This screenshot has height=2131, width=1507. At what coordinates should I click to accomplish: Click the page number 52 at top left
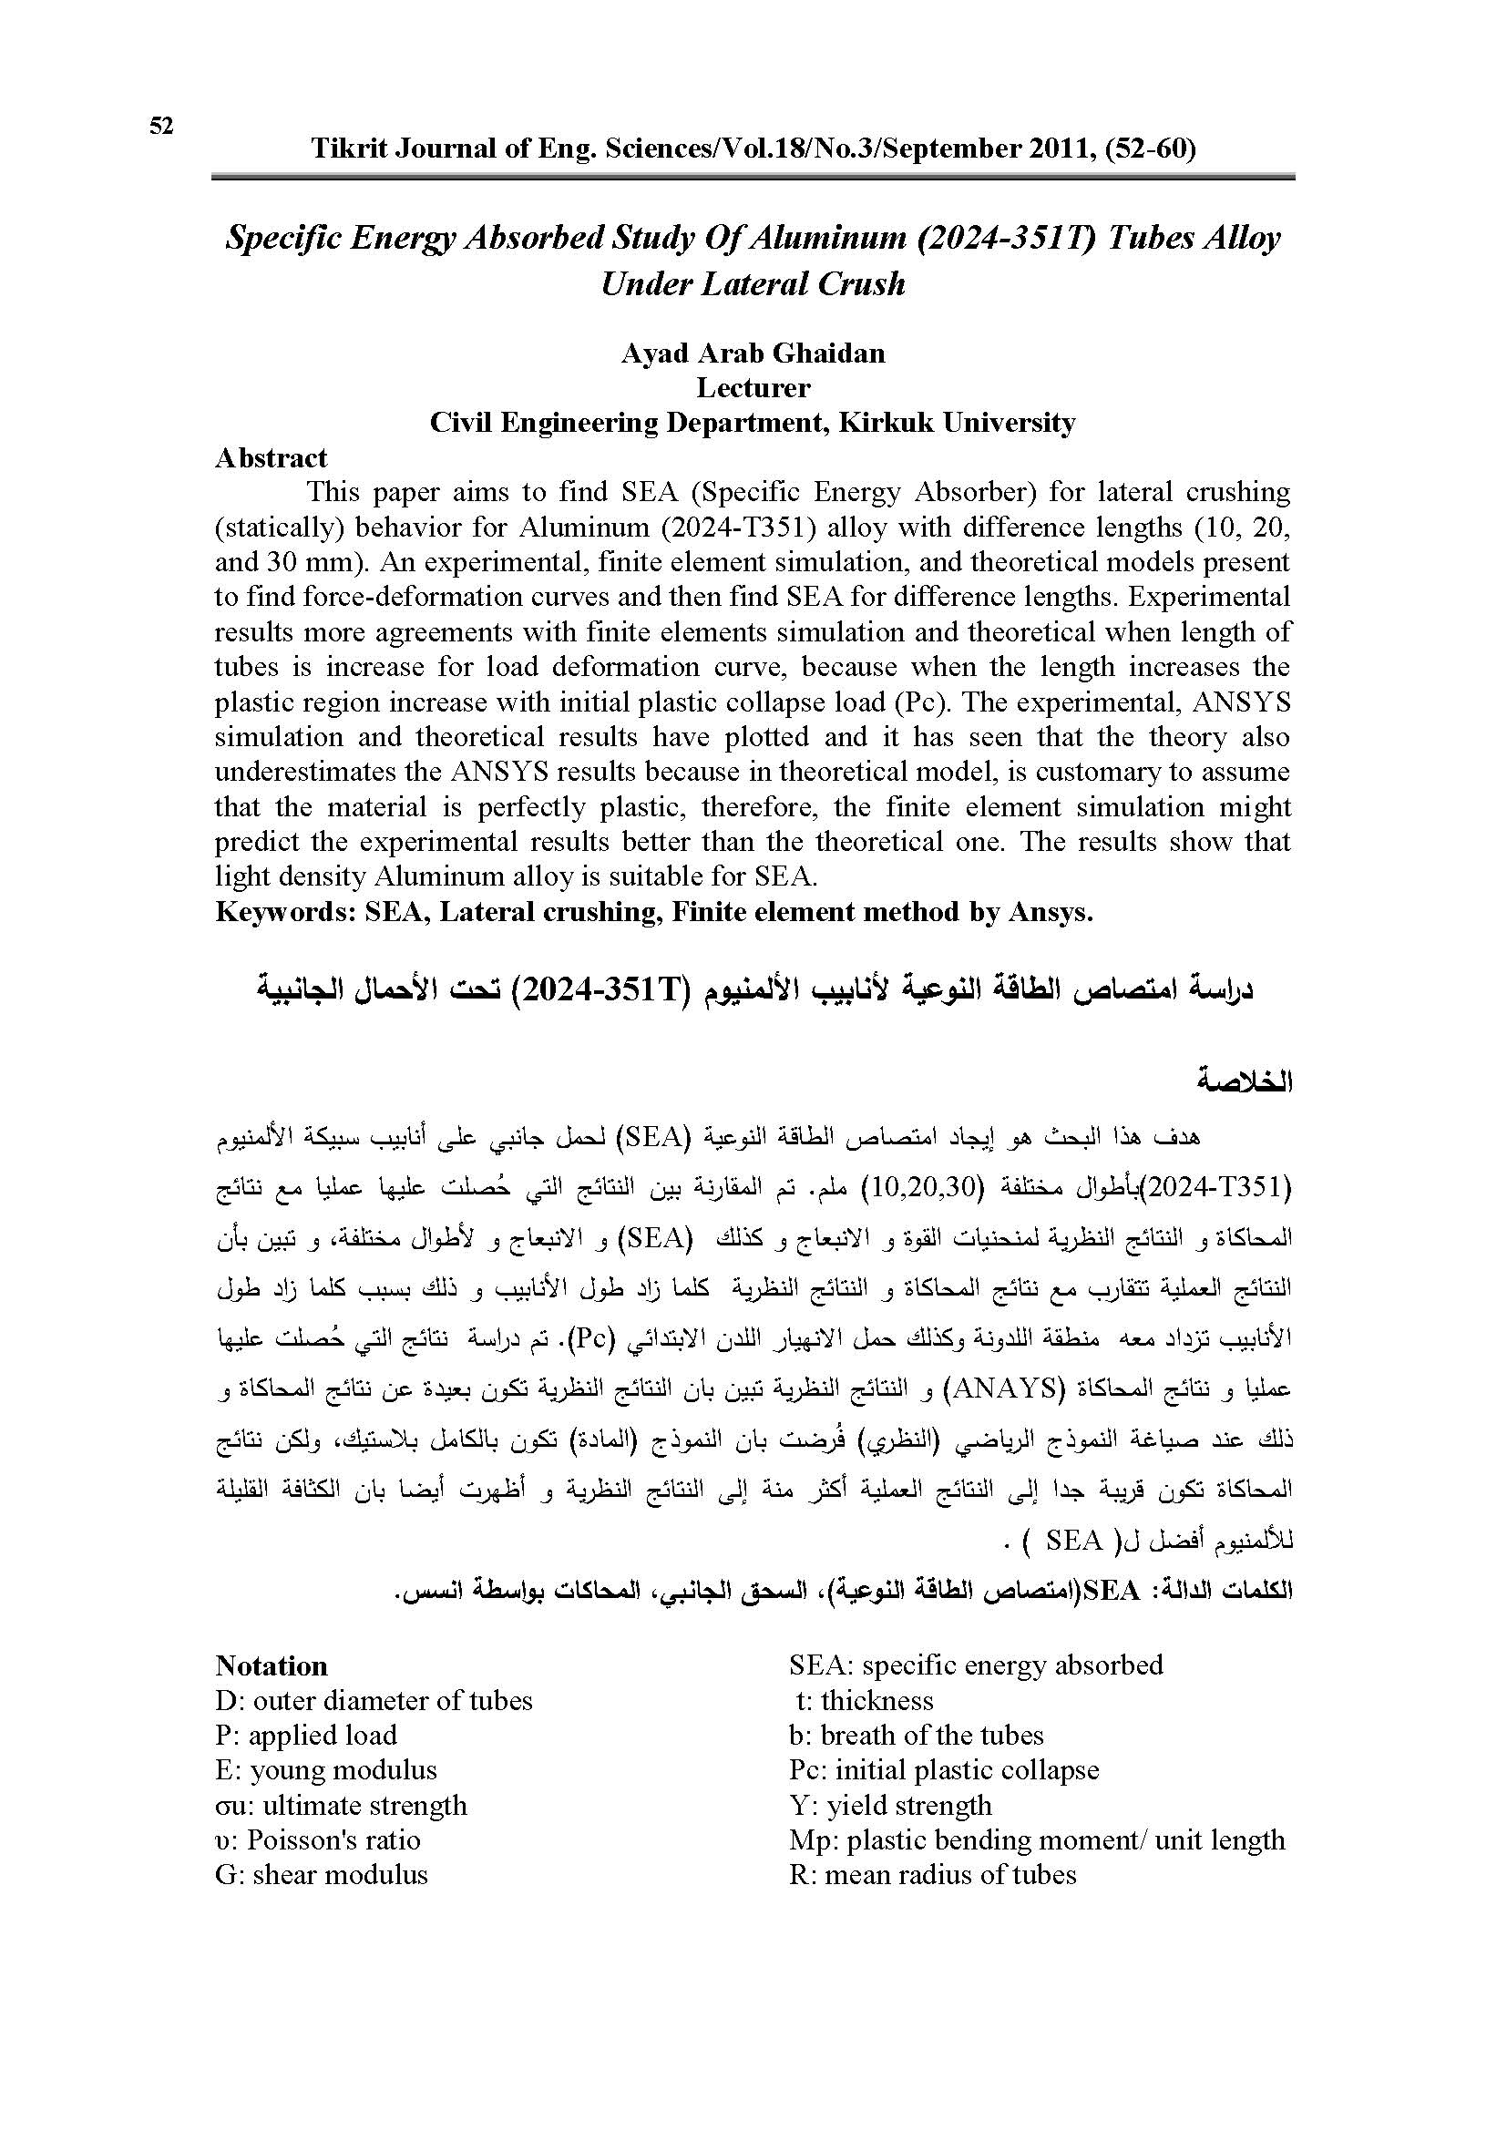161,127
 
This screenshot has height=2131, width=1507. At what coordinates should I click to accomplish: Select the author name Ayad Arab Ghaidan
753,353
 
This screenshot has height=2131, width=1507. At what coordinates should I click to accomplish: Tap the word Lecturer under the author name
753,388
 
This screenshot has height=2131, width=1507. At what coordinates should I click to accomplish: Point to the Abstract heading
271,458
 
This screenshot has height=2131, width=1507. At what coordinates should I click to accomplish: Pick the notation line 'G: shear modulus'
321,1875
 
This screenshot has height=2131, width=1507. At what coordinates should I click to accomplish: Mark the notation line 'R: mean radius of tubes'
933,1875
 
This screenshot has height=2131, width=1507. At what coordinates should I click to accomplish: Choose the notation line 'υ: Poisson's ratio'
317,1840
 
